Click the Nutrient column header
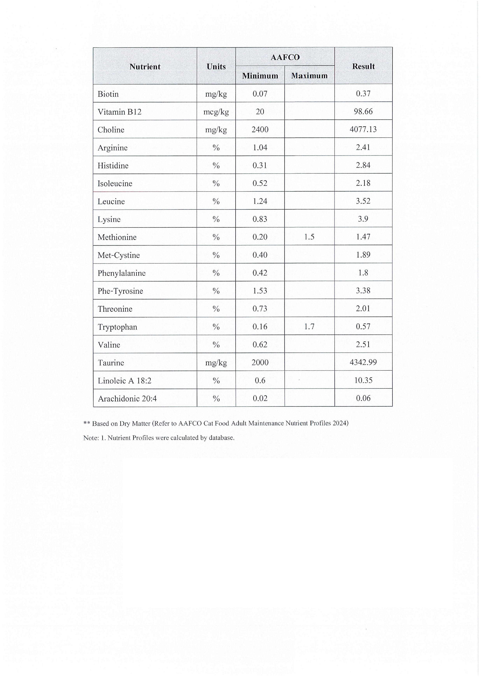pyautogui.click(x=145, y=66)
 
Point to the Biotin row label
pyautogui.click(x=108, y=94)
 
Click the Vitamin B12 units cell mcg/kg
pyautogui.click(x=216, y=112)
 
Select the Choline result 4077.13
pyautogui.click(x=363, y=129)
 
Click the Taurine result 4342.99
pyautogui.click(x=363, y=362)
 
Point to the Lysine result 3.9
pyautogui.click(x=363, y=219)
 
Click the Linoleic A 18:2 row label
pyautogui.click(x=124, y=380)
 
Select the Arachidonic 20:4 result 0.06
pyautogui.click(x=363, y=398)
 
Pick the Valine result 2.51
pyautogui.click(x=363, y=344)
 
